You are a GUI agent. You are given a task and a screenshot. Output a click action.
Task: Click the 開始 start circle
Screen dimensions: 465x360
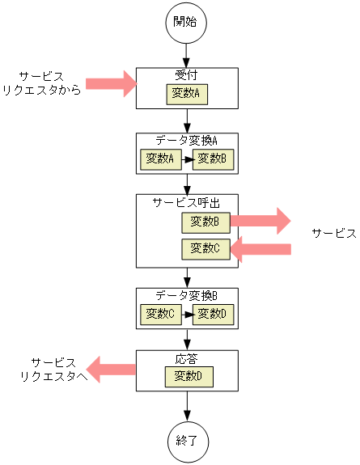point(187,22)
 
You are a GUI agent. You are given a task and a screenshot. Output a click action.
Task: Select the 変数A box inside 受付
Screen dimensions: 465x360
point(188,94)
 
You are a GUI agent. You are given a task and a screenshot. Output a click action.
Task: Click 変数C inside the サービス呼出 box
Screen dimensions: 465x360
point(205,249)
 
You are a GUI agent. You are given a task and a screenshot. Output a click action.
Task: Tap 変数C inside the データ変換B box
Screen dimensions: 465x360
point(160,313)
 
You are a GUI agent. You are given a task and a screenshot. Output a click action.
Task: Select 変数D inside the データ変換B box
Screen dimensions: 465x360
point(214,313)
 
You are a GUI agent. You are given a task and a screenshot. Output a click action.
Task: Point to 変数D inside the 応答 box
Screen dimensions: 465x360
point(188,376)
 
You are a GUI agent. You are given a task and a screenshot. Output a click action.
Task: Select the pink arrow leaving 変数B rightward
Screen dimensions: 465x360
point(260,221)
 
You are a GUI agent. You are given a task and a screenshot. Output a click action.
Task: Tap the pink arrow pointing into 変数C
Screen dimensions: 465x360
point(260,249)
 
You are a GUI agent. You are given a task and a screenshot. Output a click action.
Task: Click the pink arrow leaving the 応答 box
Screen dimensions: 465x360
point(111,370)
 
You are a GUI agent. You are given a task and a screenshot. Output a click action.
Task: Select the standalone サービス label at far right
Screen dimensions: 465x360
point(333,234)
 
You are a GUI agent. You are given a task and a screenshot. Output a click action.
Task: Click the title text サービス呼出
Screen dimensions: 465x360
point(187,202)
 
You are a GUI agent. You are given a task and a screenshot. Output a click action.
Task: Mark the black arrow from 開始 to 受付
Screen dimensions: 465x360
point(187,55)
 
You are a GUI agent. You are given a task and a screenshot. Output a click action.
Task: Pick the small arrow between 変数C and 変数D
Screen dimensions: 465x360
point(187,313)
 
